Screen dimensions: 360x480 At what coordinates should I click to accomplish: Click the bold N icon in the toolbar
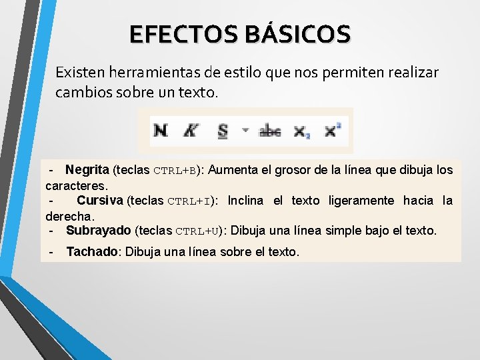coord(161,130)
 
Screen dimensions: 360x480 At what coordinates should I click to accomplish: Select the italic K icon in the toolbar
coord(191,130)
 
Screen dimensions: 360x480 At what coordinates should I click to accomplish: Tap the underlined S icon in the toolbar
coord(223,131)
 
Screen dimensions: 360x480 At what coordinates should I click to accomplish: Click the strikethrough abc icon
coord(270,131)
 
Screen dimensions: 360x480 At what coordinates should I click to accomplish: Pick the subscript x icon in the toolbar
coord(302,131)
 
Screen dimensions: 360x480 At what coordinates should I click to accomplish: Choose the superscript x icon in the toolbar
coord(332,130)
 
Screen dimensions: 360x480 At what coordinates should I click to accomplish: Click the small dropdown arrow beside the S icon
coord(244,131)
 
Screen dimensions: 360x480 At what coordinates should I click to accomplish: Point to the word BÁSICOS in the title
coord(297,34)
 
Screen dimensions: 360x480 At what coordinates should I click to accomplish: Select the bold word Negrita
coord(87,170)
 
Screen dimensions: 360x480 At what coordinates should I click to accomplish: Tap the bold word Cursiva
coord(100,201)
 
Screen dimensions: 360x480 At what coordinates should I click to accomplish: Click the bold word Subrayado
coord(99,231)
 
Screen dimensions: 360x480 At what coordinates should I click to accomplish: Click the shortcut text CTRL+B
coord(175,171)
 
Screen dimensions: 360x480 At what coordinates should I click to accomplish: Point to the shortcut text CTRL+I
coord(189,201)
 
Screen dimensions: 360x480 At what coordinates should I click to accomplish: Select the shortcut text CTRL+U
coord(197,231)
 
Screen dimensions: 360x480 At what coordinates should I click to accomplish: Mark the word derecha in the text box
coord(69,216)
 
